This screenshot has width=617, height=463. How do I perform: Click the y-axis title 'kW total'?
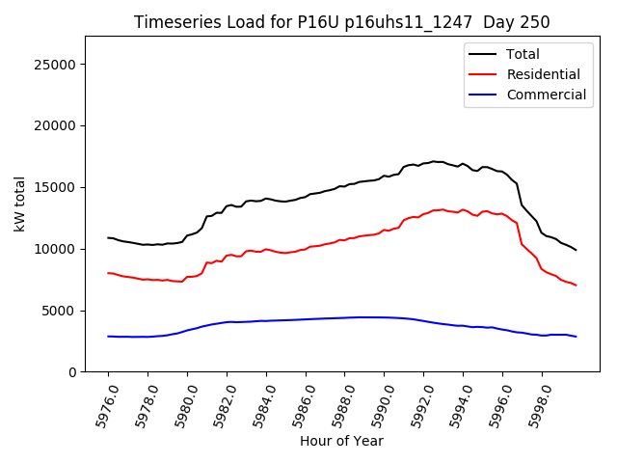[20, 204]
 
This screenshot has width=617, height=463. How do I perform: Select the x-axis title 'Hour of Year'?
[341, 441]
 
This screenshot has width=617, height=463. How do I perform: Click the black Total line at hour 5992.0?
[423, 163]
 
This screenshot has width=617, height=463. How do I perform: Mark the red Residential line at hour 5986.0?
[306, 249]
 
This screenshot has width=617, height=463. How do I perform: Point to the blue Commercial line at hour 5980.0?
[187, 331]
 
